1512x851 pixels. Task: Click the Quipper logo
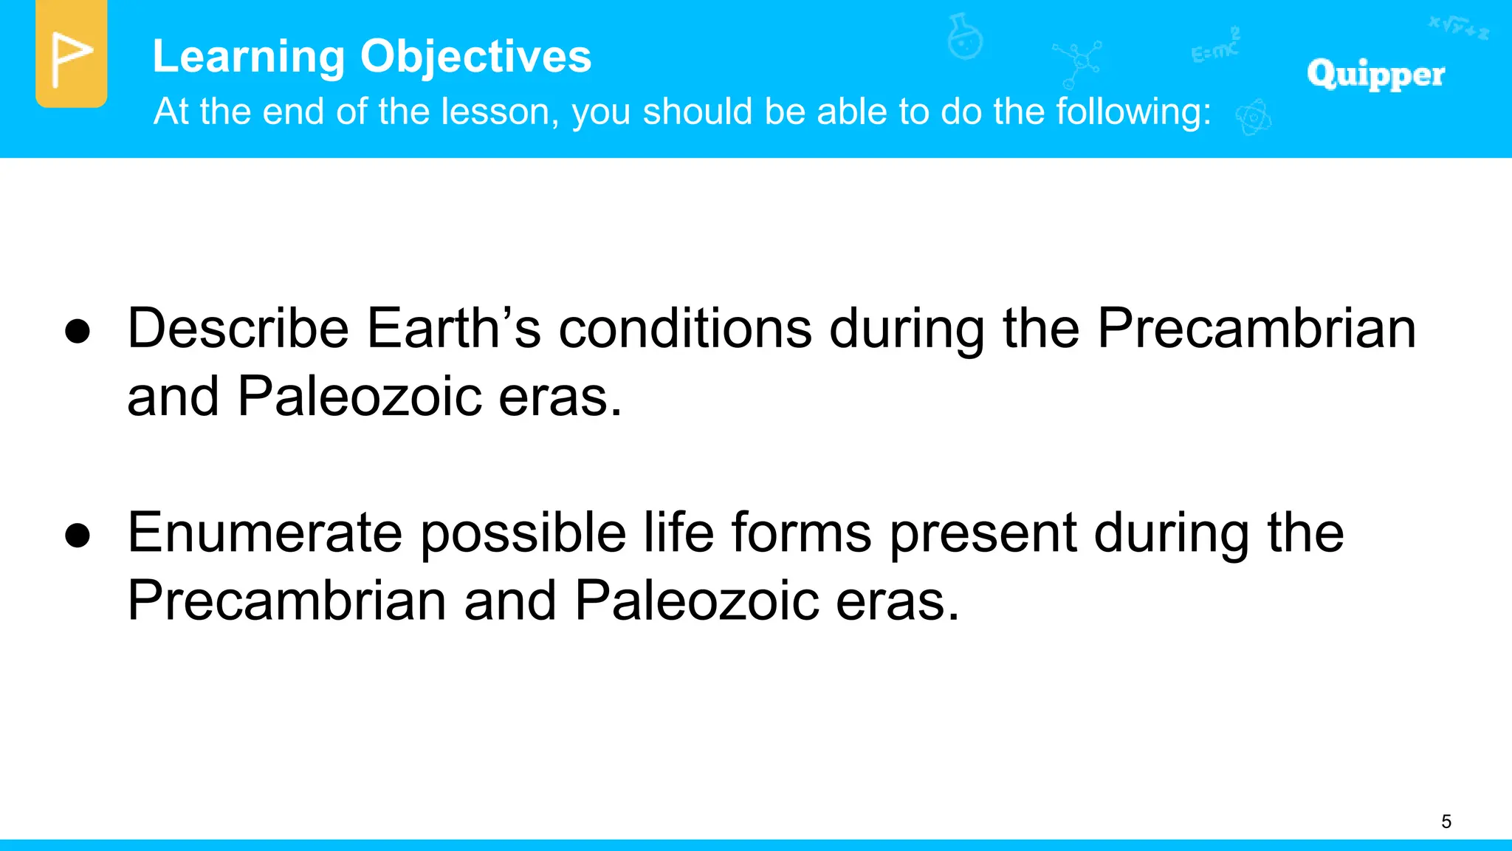1375,74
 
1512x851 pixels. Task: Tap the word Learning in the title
248,57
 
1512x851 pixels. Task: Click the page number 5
1446,821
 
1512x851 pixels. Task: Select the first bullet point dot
78,332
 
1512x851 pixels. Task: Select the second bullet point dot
78,536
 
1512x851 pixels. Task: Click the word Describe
238,328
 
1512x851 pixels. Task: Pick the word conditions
684,328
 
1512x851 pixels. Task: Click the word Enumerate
264,533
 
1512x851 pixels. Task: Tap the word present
983,533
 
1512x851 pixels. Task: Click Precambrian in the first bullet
1256,328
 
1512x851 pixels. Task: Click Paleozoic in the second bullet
696,601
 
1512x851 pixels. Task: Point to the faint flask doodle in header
964,37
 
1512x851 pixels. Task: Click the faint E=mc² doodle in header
1215,46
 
